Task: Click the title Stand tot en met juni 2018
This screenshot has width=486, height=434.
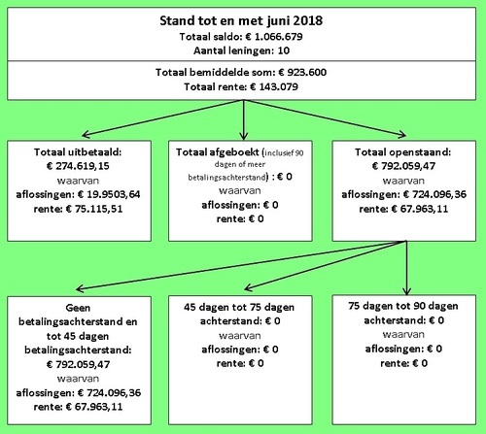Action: tap(241, 20)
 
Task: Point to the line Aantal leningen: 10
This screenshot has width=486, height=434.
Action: tap(241, 50)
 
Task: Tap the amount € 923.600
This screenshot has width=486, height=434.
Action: tap(302, 72)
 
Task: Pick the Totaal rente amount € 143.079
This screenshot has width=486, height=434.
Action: tap(274, 86)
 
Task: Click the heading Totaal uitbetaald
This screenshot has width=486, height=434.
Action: tap(78, 152)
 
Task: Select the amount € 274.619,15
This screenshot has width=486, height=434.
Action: tap(78, 166)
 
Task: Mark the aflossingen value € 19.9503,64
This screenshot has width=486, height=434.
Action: tap(109, 194)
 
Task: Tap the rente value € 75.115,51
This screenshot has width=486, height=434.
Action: tap(94, 209)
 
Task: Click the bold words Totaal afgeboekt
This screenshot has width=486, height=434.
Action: tap(218, 152)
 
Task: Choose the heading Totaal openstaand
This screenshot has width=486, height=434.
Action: tap(402, 152)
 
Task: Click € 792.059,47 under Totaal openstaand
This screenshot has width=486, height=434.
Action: tap(403, 166)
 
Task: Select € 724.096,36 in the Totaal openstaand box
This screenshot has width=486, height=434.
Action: tap(434, 194)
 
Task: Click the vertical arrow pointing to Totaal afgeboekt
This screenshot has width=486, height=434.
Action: tap(244, 119)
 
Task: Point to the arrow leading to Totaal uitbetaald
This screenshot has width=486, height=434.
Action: tap(162, 118)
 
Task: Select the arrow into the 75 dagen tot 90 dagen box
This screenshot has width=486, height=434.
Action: tap(406, 268)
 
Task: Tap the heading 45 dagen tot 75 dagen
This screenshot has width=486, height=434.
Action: tap(239, 307)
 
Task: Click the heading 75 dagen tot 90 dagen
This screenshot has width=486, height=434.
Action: tap(403, 306)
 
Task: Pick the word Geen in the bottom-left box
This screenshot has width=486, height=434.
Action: tap(78, 308)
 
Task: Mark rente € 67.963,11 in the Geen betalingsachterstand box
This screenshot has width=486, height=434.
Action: tap(78, 407)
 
